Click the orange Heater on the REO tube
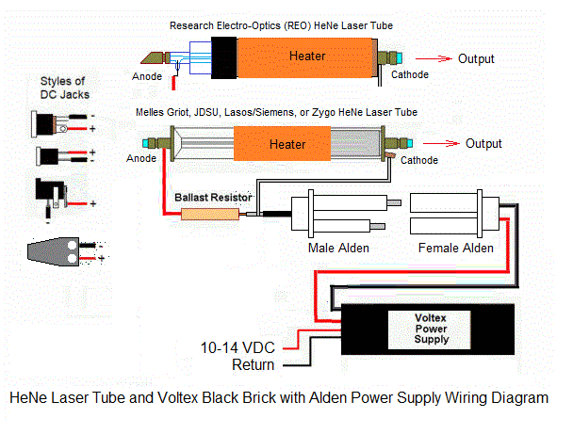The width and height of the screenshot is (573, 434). pos(307,57)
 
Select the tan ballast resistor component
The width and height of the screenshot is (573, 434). pos(210,216)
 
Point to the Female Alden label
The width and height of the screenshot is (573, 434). pos(456,248)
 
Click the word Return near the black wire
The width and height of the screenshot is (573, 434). pos(253,364)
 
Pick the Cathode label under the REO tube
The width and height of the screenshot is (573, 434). pos(411,74)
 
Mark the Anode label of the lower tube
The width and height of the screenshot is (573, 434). pos(141,159)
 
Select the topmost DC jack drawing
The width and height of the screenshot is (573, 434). pos(50,124)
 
